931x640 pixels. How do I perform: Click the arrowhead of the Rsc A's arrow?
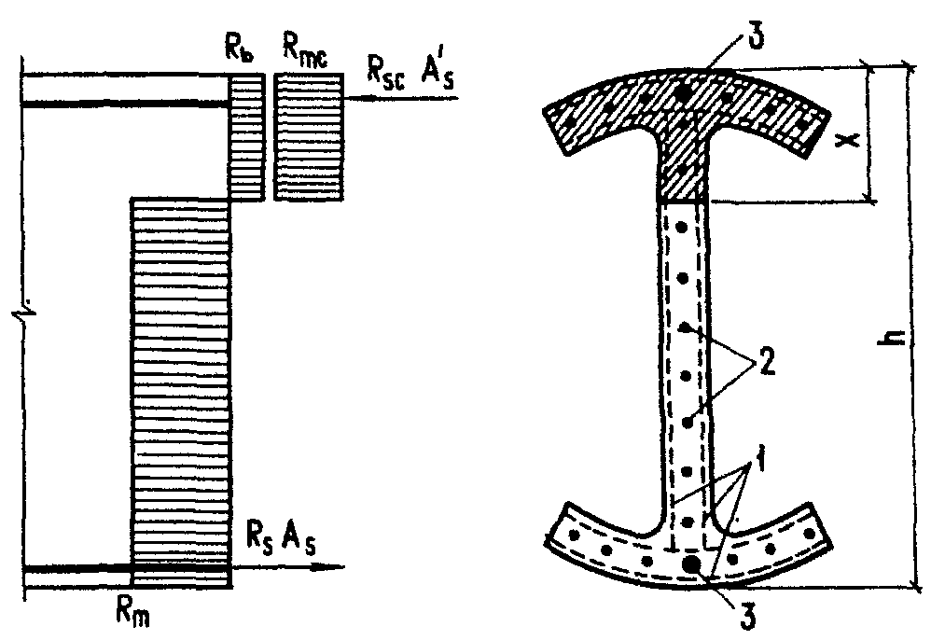pos(353,96)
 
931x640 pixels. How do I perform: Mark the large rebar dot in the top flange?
pos(687,91)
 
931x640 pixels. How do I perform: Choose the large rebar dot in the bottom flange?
pos(691,564)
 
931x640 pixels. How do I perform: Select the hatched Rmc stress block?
pos(308,137)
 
